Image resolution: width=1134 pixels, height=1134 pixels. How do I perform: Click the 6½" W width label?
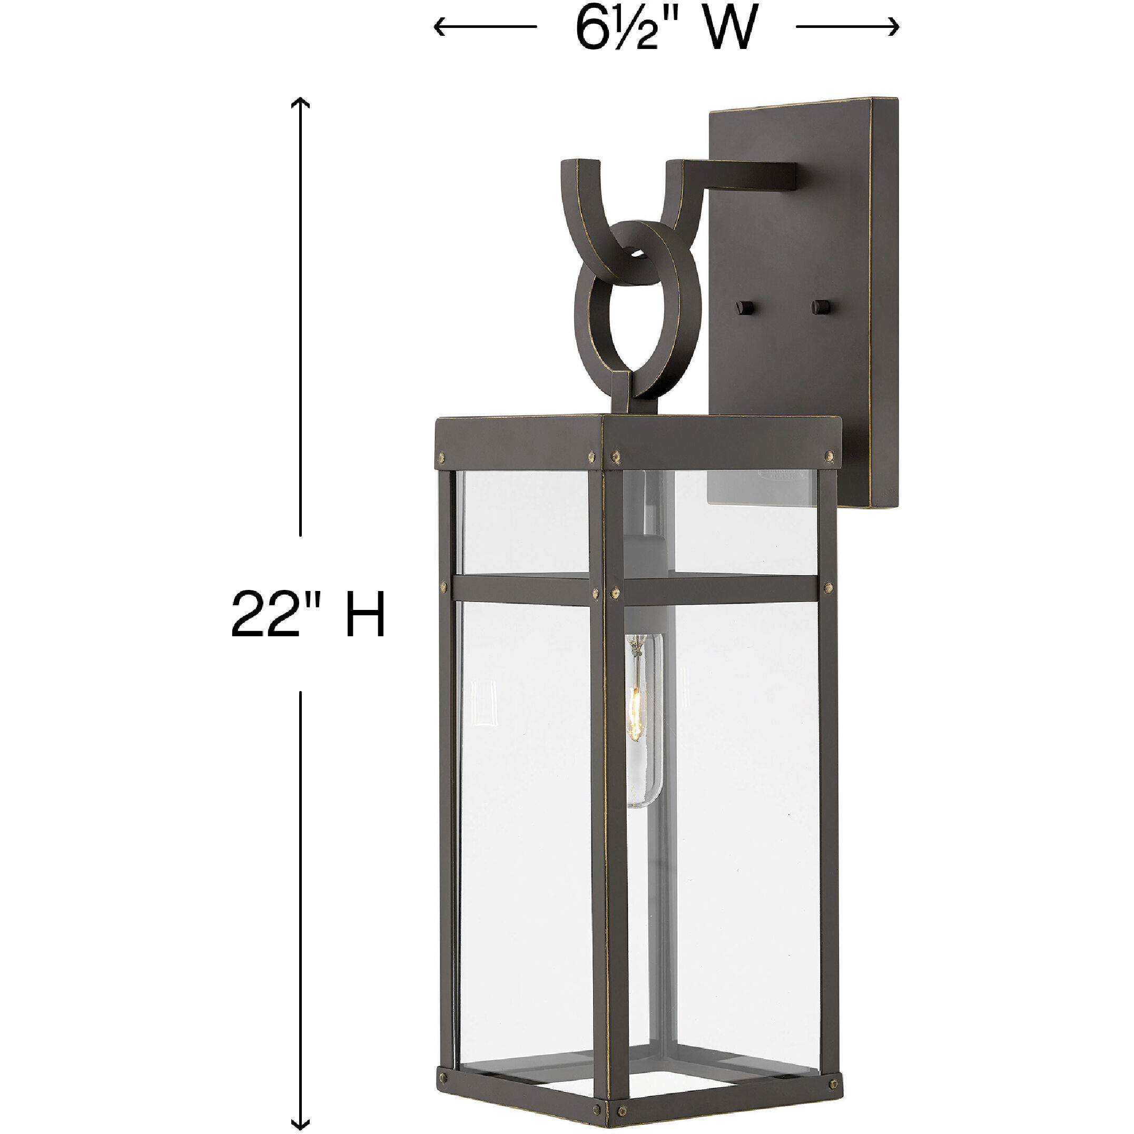pyautogui.click(x=666, y=28)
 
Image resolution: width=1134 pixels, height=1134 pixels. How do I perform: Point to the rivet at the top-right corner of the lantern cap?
pyautogui.click(x=830, y=455)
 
